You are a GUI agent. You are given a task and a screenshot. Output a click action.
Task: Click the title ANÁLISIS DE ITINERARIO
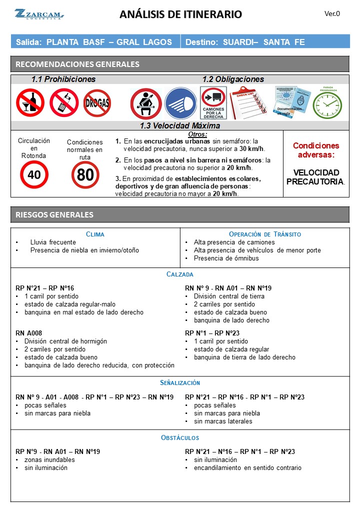[180, 14]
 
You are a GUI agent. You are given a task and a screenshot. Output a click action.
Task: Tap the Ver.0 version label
[332, 13]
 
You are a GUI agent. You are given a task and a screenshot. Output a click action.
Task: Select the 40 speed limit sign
[34, 174]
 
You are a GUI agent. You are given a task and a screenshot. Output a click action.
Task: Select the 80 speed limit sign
[85, 175]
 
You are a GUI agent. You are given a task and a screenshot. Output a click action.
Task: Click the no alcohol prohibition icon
[30, 102]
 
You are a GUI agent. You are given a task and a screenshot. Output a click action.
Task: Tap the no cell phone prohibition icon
[64, 102]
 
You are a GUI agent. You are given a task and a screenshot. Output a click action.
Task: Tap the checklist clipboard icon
[248, 102]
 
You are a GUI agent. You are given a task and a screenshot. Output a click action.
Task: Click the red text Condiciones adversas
[315, 150]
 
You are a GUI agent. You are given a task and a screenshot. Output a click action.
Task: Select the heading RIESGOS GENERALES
[54, 215]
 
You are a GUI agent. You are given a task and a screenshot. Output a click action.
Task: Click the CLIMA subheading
[95, 234]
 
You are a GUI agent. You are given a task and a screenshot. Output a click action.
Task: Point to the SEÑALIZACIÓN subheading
[180, 382]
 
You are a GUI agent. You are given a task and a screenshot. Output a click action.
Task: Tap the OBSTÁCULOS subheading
[180, 437]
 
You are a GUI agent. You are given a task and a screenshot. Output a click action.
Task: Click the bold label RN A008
[29, 333]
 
